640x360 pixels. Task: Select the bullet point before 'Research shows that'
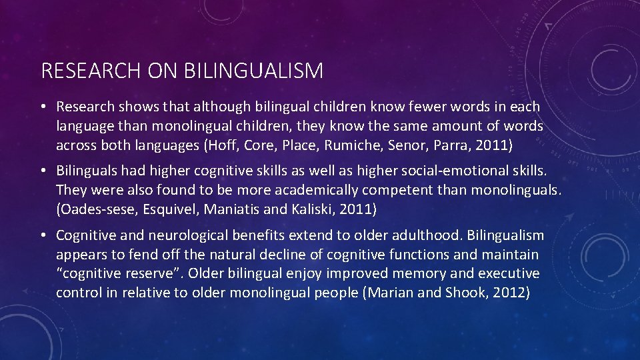43,107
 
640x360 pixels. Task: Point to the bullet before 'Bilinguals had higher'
43,171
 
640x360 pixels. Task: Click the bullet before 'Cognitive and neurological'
43,235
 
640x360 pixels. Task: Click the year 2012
509,293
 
